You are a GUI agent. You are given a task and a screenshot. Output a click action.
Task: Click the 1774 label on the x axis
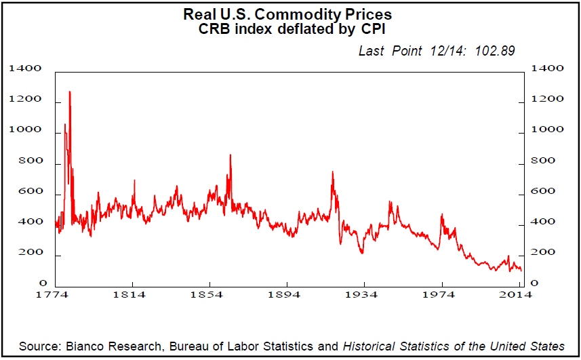54,295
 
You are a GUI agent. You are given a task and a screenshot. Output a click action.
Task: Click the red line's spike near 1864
231,155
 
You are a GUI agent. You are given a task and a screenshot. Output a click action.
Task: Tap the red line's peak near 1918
332,172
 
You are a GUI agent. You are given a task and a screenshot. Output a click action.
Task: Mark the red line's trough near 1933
362,253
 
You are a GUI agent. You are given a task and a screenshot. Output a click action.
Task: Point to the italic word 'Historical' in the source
372,346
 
